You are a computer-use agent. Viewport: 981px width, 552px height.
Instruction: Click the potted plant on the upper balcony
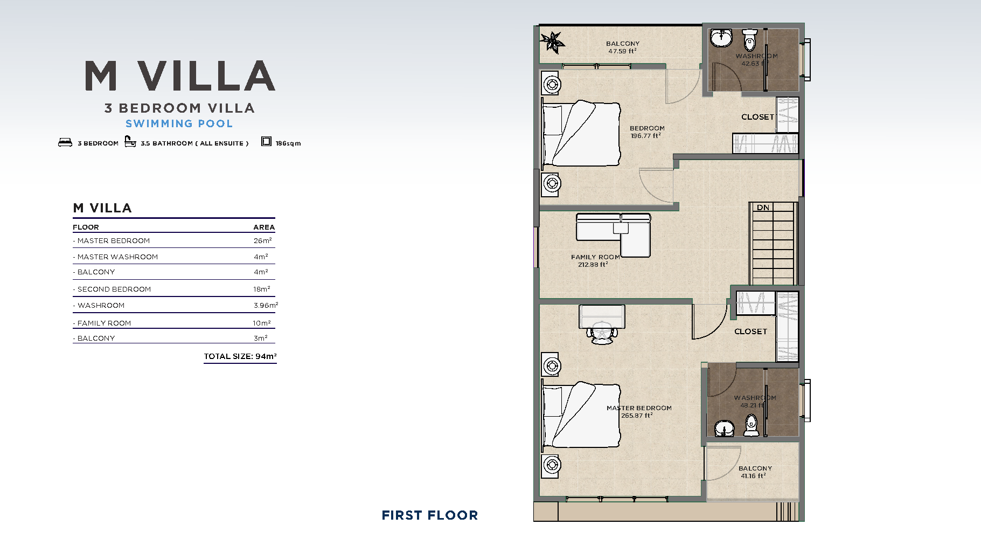(x=552, y=42)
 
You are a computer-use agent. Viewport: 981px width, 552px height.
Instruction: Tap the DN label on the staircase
(x=763, y=208)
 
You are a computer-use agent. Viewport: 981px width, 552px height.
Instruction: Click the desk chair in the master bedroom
(x=602, y=333)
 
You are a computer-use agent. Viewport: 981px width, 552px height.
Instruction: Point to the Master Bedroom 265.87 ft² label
(x=639, y=412)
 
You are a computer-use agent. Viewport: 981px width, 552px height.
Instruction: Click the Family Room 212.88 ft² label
(x=595, y=261)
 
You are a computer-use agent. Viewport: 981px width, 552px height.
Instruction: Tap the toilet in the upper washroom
(x=749, y=39)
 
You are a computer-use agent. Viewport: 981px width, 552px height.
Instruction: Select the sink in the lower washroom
(x=724, y=429)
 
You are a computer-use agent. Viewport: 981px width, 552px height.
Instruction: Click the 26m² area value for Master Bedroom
(x=263, y=240)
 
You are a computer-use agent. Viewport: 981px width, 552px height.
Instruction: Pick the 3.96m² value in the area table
(x=266, y=305)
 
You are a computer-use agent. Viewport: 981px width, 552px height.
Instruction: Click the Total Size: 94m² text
(x=240, y=356)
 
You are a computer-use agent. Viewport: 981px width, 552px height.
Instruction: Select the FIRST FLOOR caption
(x=430, y=515)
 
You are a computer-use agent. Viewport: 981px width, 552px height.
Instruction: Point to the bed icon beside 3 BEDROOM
(x=65, y=142)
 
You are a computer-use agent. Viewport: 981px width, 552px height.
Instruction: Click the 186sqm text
(x=288, y=143)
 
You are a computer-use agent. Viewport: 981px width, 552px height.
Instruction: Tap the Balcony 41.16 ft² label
(x=755, y=472)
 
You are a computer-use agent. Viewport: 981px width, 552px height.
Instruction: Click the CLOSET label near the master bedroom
(x=750, y=332)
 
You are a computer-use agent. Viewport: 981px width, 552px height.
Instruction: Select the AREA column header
(x=264, y=227)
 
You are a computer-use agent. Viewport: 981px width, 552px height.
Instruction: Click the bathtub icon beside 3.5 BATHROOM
(x=130, y=141)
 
